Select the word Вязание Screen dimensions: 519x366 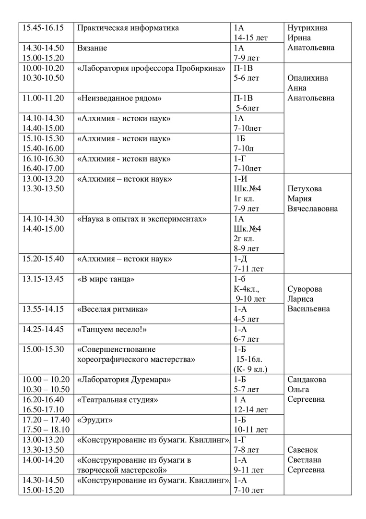[92, 48]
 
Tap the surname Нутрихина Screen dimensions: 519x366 [307, 28]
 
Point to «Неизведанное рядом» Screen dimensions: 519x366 [119, 99]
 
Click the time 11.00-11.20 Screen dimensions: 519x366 [43, 99]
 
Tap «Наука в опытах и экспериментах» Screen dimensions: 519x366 [142, 219]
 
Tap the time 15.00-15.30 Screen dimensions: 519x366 [43, 349]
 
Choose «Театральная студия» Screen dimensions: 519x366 [118, 400]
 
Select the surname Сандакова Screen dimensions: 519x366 [307, 380]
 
